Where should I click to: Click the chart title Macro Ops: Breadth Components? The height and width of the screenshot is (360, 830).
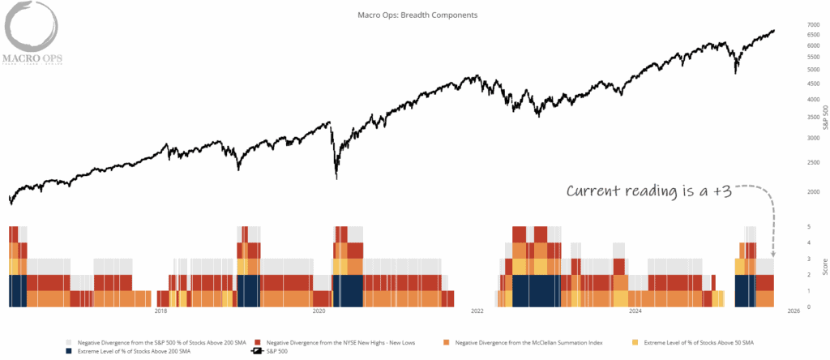point(417,15)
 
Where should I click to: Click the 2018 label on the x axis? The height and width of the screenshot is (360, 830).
point(160,311)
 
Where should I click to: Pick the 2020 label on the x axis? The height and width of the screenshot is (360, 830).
point(319,311)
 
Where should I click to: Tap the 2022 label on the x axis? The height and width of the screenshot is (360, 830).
point(477,311)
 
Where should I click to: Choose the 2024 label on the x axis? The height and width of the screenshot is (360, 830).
point(635,311)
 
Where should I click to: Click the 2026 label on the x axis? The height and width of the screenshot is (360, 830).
point(794,311)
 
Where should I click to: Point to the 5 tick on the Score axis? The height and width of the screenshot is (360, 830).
point(786,227)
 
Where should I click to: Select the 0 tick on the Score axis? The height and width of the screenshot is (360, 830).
point(786,306)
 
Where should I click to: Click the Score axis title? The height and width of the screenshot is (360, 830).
point(823,267)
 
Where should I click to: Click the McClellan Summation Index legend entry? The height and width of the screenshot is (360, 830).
point(524,343)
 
